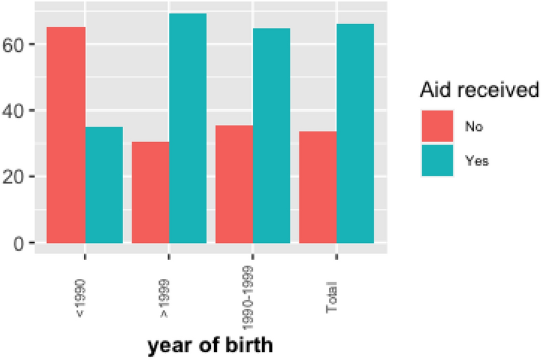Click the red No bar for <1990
pyautogui.click(x=66, y=135)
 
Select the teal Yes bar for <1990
pyautogui.click(x=104, y=185)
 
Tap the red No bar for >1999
pyautogui.click(x=150, y=192)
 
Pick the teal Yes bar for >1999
pyautogui.click(x=188, y=128)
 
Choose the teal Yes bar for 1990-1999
pyautogui.click(x=272, y=135)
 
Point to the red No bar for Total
pyautogui.click(x=318, y=187)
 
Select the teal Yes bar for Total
pyautogui.click(x=356, y=134)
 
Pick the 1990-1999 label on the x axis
pyautogui.click(x=252, y=291)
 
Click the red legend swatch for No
pyautogui.click(x=437, y=126)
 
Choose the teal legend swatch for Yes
pyautogui.click(x=437, y=160)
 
